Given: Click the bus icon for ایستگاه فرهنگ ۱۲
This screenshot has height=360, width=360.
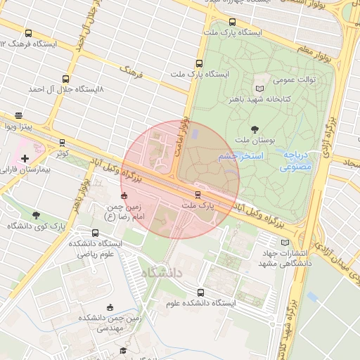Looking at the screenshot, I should click(x=28, y=33).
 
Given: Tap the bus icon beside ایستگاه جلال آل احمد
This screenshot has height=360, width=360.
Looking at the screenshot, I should click(x=65, y=79).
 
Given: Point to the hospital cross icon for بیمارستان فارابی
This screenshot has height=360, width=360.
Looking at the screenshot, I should click(x=25, y=159).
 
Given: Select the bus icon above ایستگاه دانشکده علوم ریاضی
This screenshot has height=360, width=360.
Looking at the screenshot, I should click(x=96, y=233).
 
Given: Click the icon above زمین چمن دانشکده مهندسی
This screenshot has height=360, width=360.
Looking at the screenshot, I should click(x=109, y=307).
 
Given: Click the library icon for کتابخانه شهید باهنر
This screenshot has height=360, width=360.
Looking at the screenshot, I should click(x=260, y=88).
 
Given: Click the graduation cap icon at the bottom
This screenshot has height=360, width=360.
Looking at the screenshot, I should click(x=122, y=350).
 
